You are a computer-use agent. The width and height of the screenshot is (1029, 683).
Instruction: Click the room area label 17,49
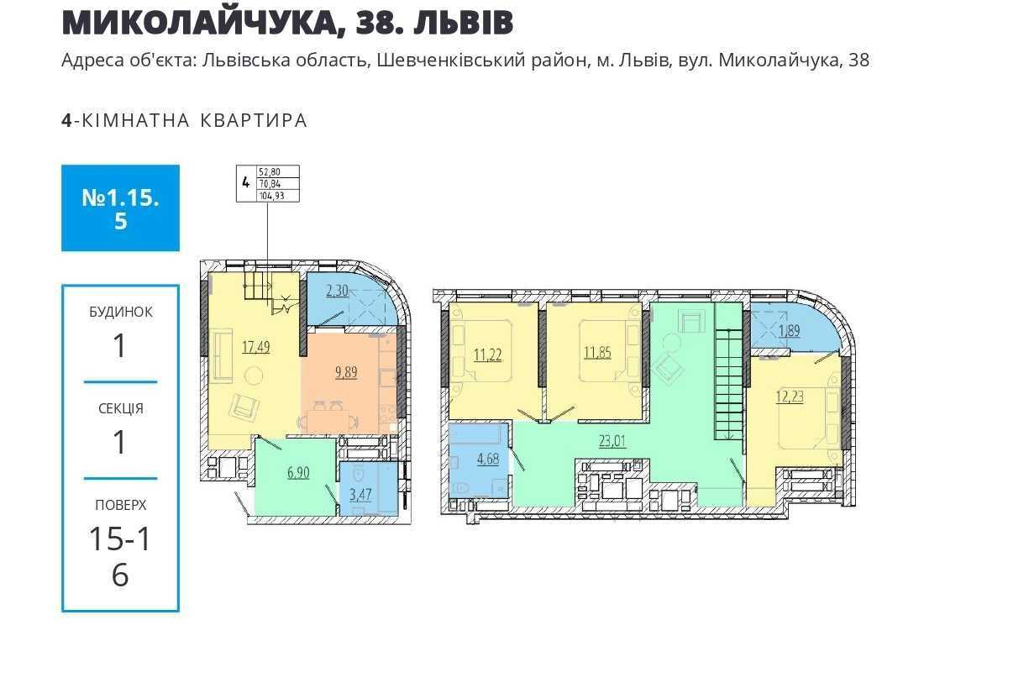(x=256, y=347)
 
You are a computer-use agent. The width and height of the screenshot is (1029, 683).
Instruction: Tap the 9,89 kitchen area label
(x=346, y=372)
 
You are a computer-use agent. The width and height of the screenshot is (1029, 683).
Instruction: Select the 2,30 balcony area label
(x=337, y=291)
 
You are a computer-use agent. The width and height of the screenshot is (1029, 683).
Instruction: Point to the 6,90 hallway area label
(x=298, y=472)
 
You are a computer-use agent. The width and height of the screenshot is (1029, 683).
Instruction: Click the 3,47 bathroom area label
(x=360, y=495)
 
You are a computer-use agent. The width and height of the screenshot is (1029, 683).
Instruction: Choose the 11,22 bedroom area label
(x=488, y=355)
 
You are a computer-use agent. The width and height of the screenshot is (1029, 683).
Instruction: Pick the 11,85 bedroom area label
(x=597, y=353)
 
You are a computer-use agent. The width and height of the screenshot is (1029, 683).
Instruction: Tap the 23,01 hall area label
(x=612, y=441)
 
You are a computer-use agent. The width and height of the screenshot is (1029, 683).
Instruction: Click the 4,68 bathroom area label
(x=488, y=459)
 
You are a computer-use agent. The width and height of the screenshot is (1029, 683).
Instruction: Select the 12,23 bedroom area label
(x=790, y=397)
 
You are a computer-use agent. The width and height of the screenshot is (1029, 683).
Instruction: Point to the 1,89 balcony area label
(x=790, y=330)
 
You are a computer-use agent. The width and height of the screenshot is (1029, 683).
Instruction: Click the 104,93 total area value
(x=271, y=196)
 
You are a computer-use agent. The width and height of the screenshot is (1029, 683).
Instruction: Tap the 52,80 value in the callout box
(x=269, y=171)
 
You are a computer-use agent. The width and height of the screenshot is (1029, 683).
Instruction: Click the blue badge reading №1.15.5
(x=120, y=208)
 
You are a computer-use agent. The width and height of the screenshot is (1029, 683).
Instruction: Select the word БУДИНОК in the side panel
(x=121, y=312)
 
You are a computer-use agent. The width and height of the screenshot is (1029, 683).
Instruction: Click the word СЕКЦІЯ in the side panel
(x=121, y=408)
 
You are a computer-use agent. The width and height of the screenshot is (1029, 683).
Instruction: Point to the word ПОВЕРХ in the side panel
(x=121, y=505)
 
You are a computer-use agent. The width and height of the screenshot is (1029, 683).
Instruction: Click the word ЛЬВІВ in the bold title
(x=464, y=22)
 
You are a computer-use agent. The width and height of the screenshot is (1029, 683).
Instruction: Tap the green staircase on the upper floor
(x=728, y=372)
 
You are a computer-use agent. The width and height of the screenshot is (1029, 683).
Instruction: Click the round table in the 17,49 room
(x=254, y=376)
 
